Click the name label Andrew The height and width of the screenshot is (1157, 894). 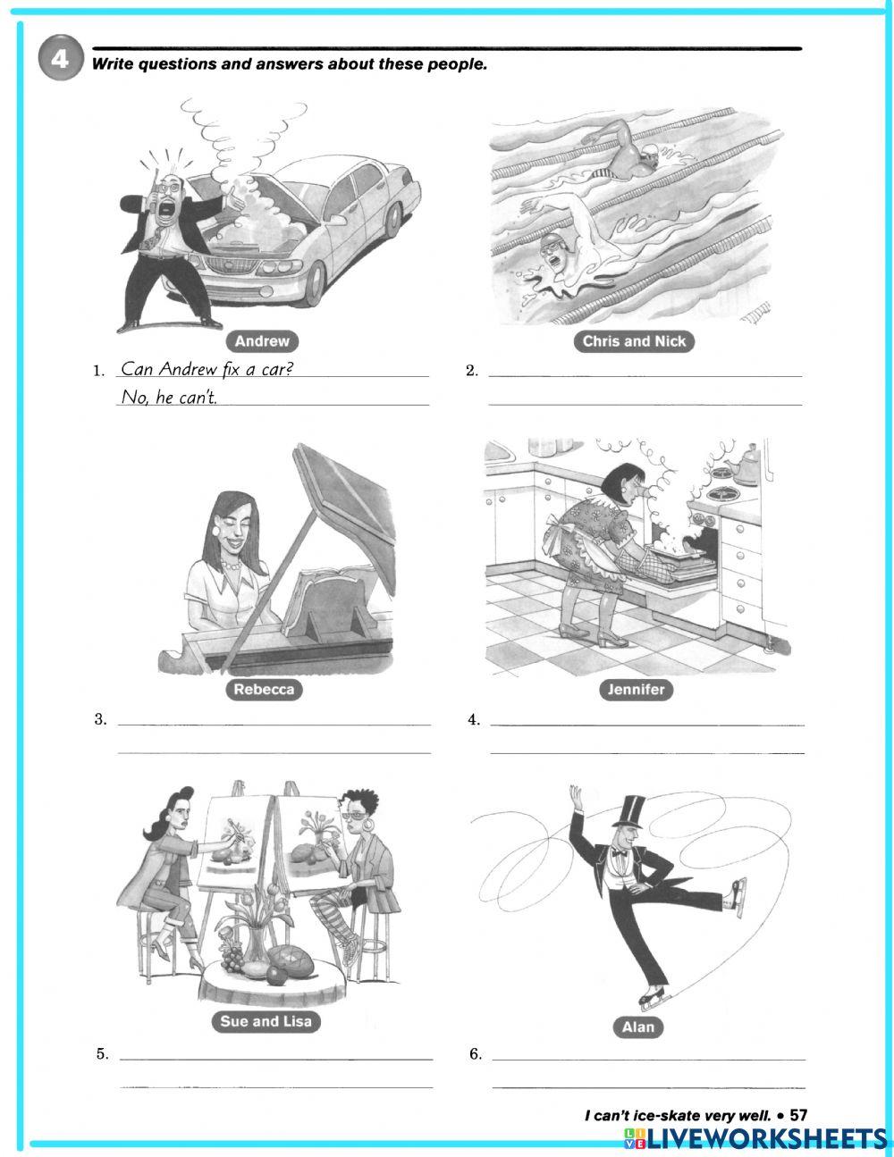click(x=262, y=341)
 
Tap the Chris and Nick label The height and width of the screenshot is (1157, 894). click(x=634, y=341)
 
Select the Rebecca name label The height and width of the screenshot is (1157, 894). click(x=264, y=690)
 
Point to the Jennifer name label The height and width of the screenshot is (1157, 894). click(x=637, y=690)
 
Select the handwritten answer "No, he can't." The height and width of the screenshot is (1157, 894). click(x=169, y=398)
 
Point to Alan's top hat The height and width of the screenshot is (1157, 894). click(x=630, y=811)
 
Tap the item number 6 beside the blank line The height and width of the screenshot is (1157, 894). click(x=476, y=1054)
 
